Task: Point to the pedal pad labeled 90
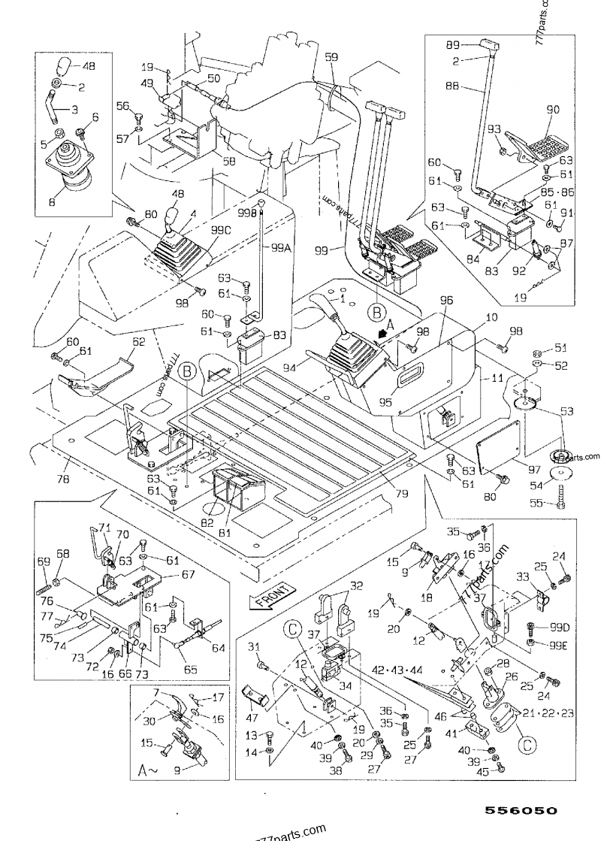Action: pyautogui.click(x=553, y=110)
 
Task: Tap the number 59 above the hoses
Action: pyautogui.click(x=331, y=57)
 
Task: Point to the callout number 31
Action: pyautogui.click(x=253, y=647)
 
